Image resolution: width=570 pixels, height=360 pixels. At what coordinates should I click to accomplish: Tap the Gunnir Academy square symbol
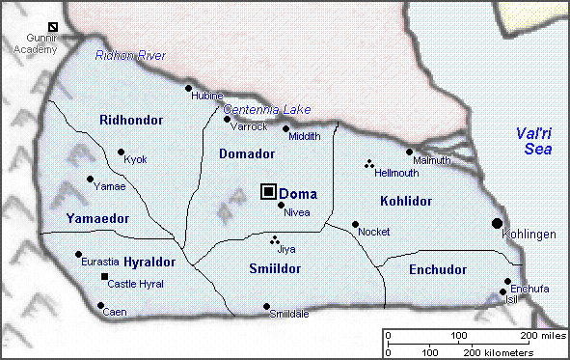coord(53,27)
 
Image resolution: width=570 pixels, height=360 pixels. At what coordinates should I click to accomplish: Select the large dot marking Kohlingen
coord(497,223)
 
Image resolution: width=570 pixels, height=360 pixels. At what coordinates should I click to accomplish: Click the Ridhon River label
coord(130,56)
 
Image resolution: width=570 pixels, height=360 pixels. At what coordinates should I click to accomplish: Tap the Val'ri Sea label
coord(532,141)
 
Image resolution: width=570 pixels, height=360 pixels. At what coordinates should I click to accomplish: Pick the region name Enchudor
coord(437,269)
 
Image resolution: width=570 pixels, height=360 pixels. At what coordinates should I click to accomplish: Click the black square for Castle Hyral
coord(105,278)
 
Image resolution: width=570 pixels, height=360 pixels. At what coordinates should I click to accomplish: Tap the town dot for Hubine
coord(189,88)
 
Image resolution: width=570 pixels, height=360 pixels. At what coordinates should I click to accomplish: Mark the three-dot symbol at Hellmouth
coord(368,164)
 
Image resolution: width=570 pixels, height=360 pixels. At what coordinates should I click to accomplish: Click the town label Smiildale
coord(288,316)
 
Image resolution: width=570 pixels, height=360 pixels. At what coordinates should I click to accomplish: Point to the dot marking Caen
coord(101,306)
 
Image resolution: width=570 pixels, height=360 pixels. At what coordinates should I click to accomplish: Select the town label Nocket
coord(373,233)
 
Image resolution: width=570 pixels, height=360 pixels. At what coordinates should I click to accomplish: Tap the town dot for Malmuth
coord(409,152)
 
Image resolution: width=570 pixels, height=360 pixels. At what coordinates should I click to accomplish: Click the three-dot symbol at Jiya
coord(274,239)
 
